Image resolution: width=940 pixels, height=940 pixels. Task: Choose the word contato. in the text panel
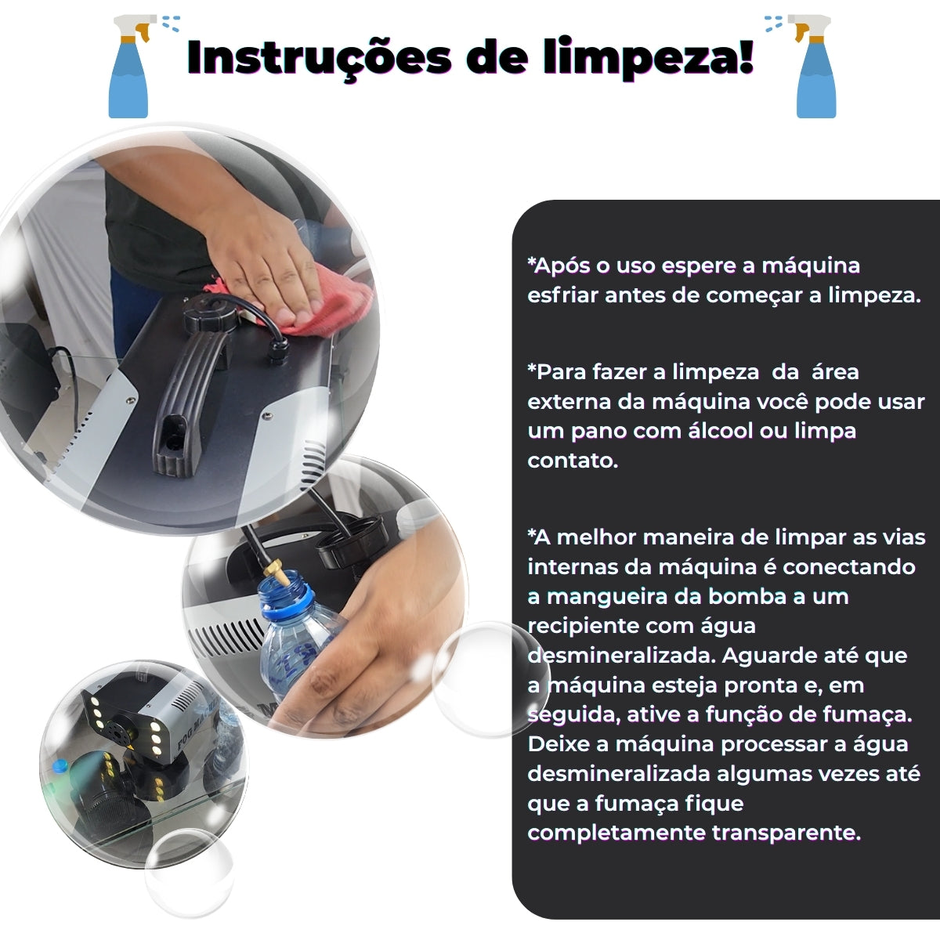pyautogui.click(x=573, y=461)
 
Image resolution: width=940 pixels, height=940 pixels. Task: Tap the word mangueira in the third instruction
pyautogui.click(x=608, y=596)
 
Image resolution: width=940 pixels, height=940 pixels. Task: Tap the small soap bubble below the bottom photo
pyautogui.click(x=189, y=869)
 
